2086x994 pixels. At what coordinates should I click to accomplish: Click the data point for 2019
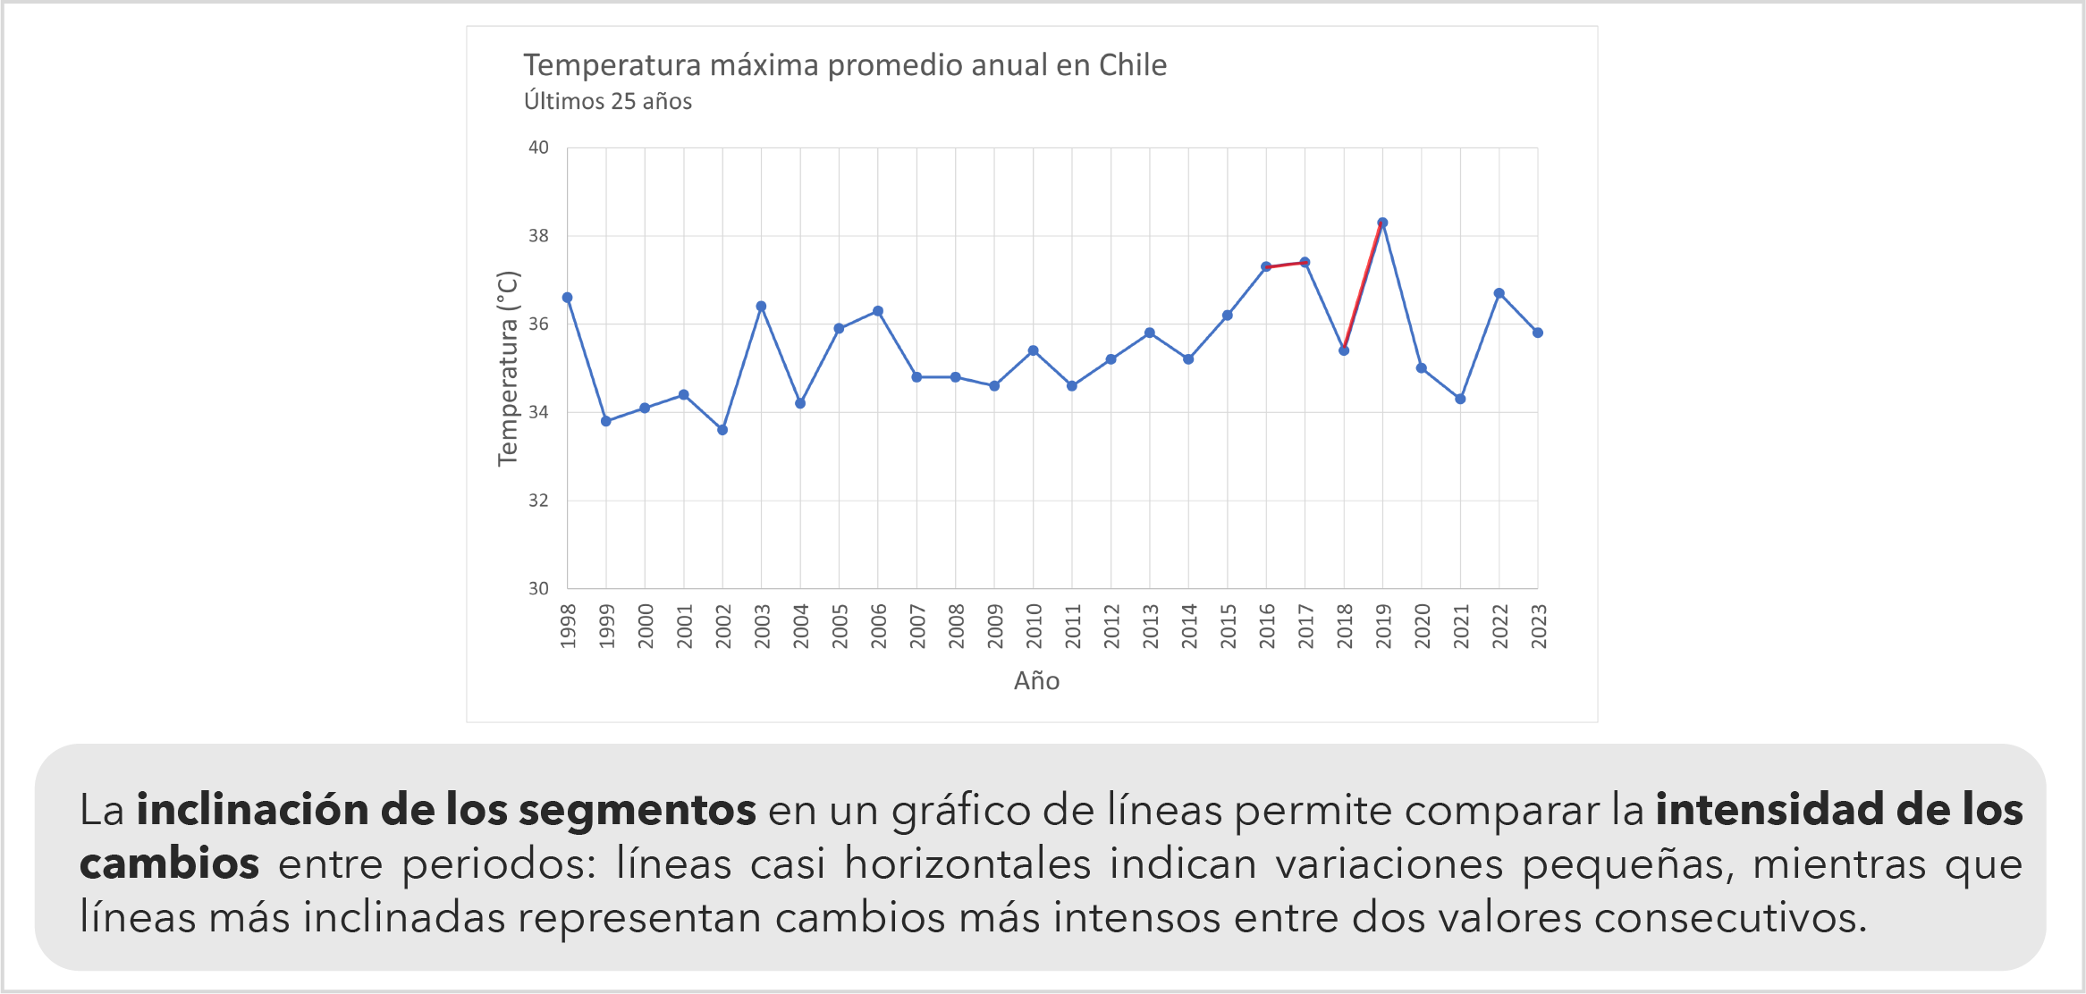click(x=1382, y=223)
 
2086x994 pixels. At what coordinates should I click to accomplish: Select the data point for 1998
click(x=567, y=298)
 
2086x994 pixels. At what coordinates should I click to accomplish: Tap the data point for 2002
click(x=722, y=430)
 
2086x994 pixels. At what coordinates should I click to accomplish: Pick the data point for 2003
click(x=761, y=307)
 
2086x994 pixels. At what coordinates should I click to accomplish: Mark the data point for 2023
click(x=1538, y=333)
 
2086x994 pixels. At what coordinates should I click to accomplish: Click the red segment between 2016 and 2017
click(x=1286, y=265)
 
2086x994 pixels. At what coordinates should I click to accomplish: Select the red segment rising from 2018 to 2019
click(x=1364, y=286)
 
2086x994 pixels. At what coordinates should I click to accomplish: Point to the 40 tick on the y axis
click(x=538, y=147)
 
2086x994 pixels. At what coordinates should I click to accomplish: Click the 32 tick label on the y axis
click(x=538, y=501)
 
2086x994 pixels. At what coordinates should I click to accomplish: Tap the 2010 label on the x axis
click(x=1034, y=625)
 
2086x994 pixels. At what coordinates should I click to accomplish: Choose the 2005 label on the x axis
click(x=840, y=625)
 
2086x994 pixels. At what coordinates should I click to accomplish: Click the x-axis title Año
click(x=1036, y=681)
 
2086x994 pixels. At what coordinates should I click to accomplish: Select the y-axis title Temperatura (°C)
click(x=508, y=368)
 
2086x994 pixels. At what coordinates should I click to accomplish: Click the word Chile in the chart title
click(x=1132, y=65)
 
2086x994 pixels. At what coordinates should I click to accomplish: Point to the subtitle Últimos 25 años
click(x=608, y=102)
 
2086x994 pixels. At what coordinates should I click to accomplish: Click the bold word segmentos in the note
click(x=638, y=810)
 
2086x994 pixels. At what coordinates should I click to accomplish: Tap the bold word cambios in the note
click(x=170, y=863)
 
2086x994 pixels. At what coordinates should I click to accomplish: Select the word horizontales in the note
click(x=967, y=863)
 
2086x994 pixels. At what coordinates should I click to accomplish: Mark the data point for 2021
click(x=1460, y=399)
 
